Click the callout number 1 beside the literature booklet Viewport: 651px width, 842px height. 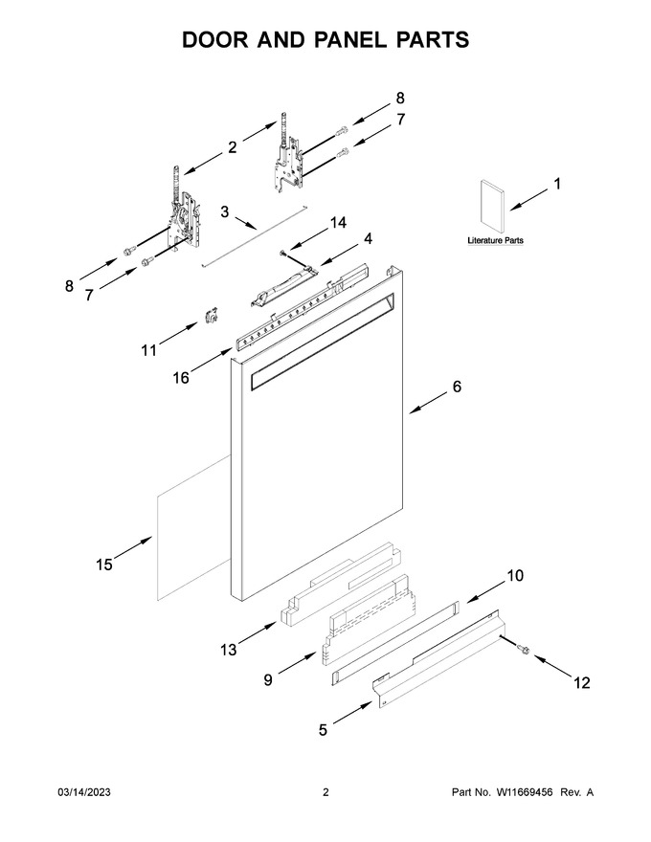(557, 184)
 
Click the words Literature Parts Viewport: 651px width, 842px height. (495, 240)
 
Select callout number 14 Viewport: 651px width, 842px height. (338, 223)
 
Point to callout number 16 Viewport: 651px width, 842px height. (181, 378)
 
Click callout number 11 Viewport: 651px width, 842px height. (148, 350)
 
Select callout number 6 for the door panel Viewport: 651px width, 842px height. (457, 387)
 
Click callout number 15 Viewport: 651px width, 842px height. (104, 565)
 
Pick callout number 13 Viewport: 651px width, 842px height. (228, 650)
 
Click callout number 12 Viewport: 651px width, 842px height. (582, 682)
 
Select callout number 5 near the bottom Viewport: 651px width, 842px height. (323, 730)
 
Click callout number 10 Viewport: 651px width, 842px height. (514, 576)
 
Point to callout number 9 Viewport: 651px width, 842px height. (267, 680)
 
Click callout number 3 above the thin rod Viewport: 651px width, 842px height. (225, 211)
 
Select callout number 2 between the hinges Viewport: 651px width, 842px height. (232, 147)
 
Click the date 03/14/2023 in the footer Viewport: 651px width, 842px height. (84, 792)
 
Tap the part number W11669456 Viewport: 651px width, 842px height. (524, 792)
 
